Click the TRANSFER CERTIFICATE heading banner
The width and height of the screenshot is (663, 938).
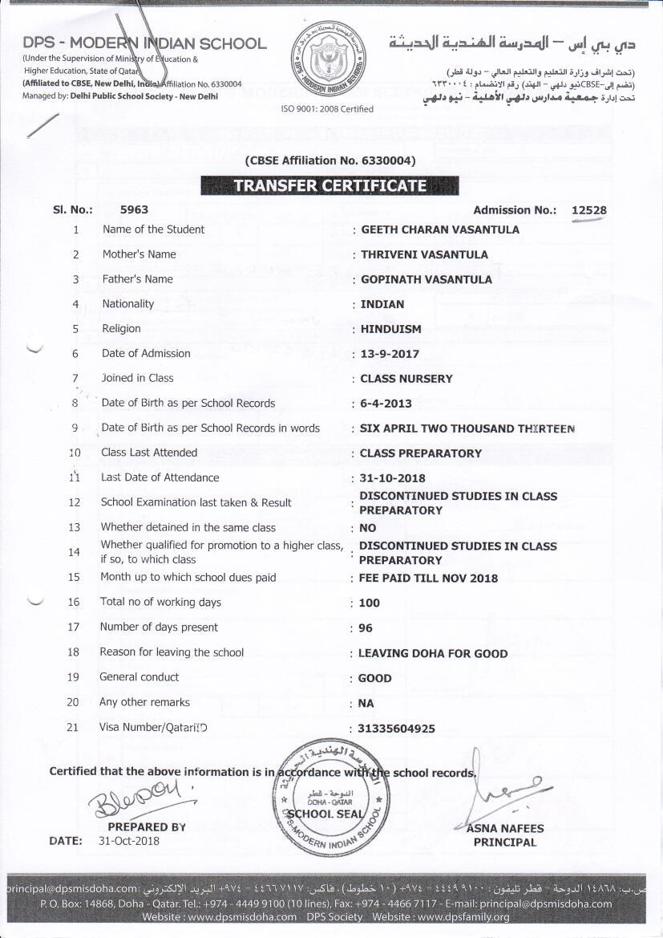click(x=329, y=186)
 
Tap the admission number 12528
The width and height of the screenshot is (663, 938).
click(x=588, y=210)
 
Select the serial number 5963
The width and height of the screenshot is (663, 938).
click(x=134, y=210)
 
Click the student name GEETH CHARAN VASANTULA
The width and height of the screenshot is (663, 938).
click(x=440, y=229)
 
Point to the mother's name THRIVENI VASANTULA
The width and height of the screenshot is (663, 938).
click(x=424, y=254)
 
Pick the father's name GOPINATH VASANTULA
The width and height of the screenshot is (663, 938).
click(x=427, y=279)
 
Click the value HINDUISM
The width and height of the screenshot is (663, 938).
click(x=390, y=329)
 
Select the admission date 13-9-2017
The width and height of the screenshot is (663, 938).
click(x=390, y=354)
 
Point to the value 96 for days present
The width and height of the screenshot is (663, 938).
click(x=366, y=628)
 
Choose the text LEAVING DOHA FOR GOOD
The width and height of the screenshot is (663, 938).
click(x=433, y=653)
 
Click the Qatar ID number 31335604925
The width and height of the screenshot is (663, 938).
click(x=397, y=729)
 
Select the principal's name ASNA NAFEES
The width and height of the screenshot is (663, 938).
click(x=505, y=829)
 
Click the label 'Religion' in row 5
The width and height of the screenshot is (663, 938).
click(x=121, y=328)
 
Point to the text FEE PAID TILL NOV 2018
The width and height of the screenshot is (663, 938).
click(x=429, y=579)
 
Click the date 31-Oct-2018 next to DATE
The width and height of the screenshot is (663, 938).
click(x=129, y=841)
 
